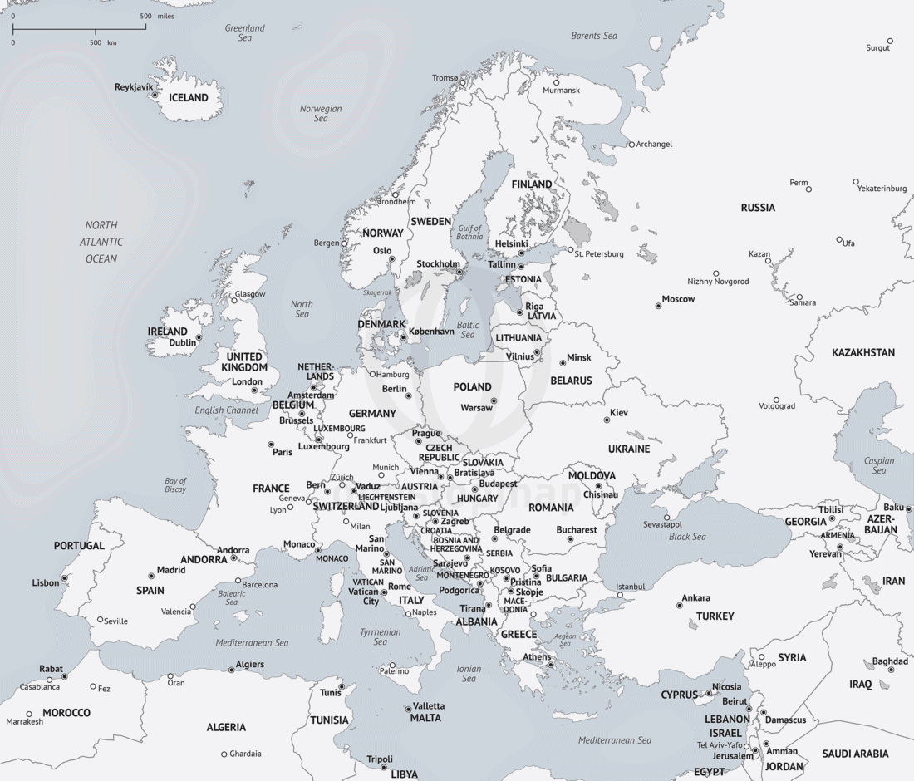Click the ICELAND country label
click(x=189, y=98)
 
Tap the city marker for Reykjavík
click(x=155, y=95)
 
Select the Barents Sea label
click(x=594, y=36)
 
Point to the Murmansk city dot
click(x=557, y=82)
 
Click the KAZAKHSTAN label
click(x=863, y=352)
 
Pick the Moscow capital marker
click(x=658, y=306)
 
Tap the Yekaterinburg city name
click(x=882, y=189)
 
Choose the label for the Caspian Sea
click(x=879, y=465)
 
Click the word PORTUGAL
click(x=80, y=546)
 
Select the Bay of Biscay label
click(x=175, y=485)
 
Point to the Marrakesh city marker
click(x=29, y=713)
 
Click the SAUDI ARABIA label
click(x=855, y=754)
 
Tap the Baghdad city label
click(x=890, y=661)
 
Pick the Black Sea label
click(x=687, y=537)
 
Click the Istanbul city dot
click(x=620, y=595)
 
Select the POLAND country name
click(x=472, y=386)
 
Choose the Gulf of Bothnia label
click(x=469, y=232)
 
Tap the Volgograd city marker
click(x=776, y=400)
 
